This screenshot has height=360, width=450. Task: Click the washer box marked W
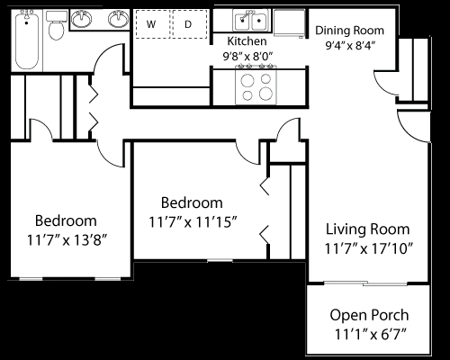coord(150,24)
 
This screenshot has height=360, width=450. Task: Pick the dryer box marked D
coord(188,24)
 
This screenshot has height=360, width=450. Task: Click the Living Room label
coord(367,229)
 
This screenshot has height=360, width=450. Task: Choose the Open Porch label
coord(369,315)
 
